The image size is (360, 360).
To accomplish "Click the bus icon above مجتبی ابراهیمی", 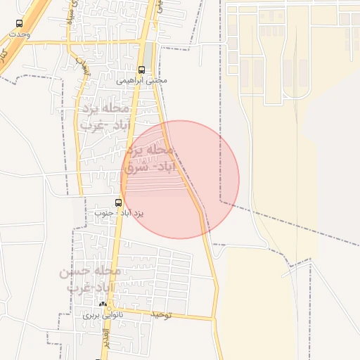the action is pyautogui.click(x=142, y=70).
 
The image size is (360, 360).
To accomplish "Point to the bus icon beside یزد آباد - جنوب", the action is pyautogui.click(x=118, y=200).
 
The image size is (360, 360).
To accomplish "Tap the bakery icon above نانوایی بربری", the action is pyautogui.click(x=103, y=304).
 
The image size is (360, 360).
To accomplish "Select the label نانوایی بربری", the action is pyautogui.click(x=103, y=315).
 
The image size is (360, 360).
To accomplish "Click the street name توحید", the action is pyautogui.click(x=158, y=316).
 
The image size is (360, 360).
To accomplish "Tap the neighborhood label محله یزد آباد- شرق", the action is pyautogui.click(x=148, y=159).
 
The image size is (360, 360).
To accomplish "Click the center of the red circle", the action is pyautogui.click(x=180, y=179).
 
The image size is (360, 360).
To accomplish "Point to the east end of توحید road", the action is pyautogui.click(x=214, y=319).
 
